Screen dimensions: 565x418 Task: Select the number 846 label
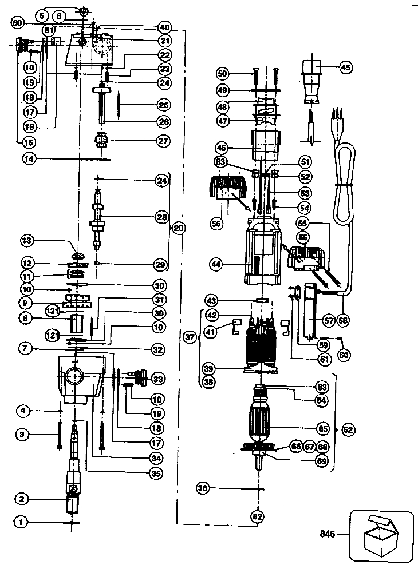pyautogui.click(x=327, y=535)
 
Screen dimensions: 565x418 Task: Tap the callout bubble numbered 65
pyautogui.click(x=323, y=428)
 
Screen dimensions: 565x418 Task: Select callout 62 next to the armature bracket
pyautogui.click(x=348, y=428)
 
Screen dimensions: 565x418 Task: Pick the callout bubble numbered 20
pyautogui.click(x=179, y=228)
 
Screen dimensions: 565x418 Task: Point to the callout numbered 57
pyautogui.click(x=329, y=321)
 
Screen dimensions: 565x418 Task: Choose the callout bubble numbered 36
pyautogui.click(x=217, y=488)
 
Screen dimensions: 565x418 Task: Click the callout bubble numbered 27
pyautogui.click(x=164, y=141)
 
